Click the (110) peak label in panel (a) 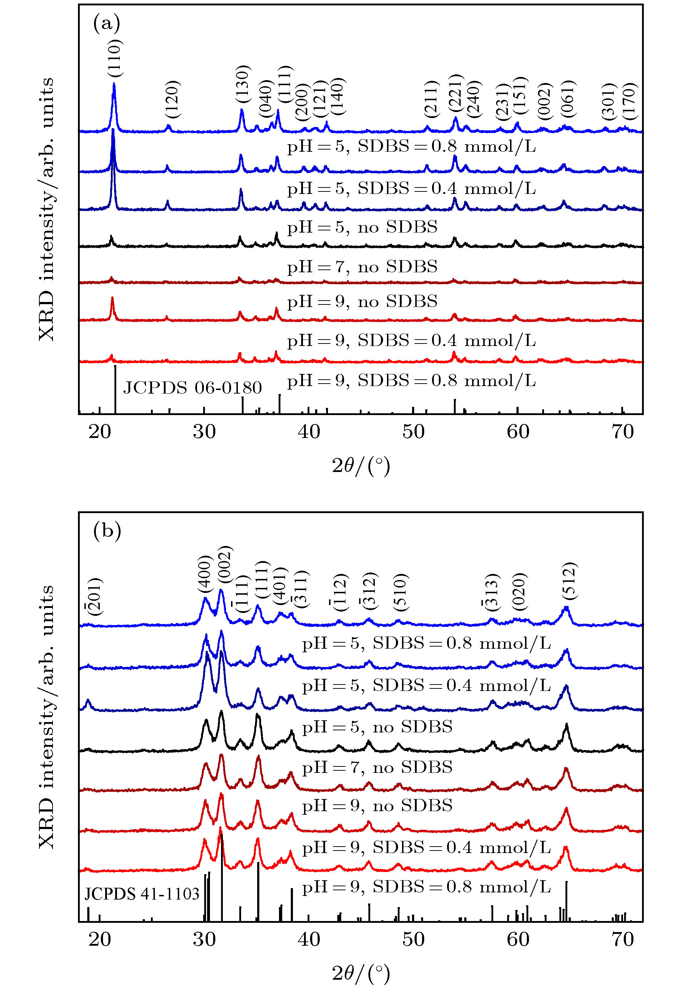(x=115, y=58)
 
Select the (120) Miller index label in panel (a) (x=173, y=99)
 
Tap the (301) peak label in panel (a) (x=609, y=101)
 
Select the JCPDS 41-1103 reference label (x=142, y=894)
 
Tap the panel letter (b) (x=107, y=531)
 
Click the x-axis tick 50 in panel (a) (x=413, y=432)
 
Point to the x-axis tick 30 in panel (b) (x=204, y=939)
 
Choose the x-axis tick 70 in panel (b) (x=622, y=939)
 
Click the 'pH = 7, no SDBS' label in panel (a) (x=362, y=267)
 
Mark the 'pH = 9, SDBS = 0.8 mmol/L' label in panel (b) (x=426, y=887)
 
